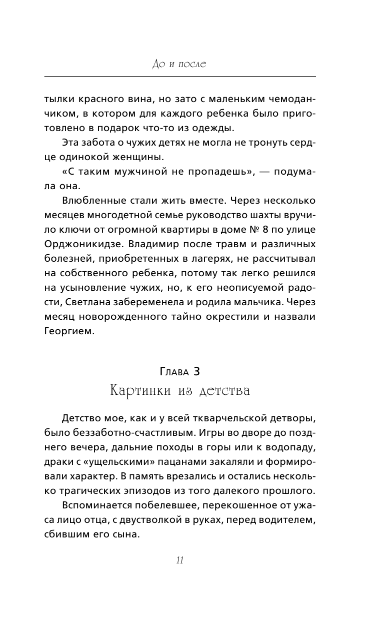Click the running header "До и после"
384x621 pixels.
point(179,65)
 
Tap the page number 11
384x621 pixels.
point(180,560)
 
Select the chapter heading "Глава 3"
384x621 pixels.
point(179,371)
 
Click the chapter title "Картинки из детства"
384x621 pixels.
point(179,391)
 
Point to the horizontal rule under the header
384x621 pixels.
point(179,76)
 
